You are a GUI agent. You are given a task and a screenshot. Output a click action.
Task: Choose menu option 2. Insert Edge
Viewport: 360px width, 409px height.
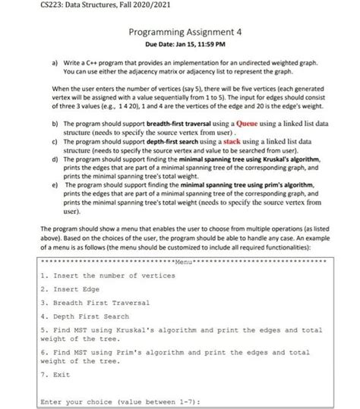[x=71, y=289]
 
